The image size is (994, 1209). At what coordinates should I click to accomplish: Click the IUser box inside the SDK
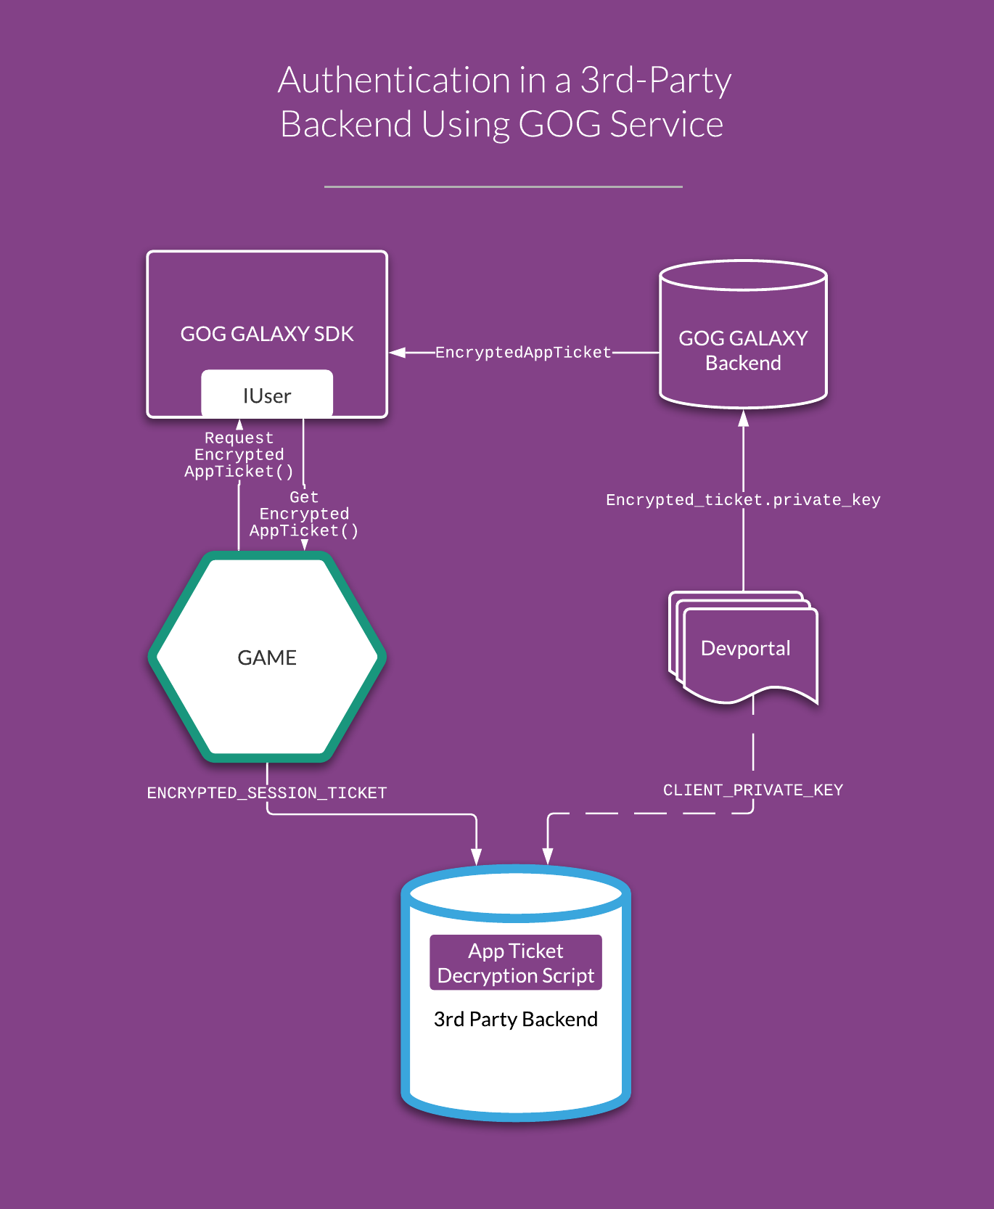pos(267,394)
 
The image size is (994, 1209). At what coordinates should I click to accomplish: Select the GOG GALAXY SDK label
pos(267,334)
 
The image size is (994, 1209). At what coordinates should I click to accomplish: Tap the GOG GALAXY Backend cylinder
pos(743,335)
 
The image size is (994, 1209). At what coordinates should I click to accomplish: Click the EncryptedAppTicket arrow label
pos(523,353)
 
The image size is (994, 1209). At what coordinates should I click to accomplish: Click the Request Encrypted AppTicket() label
pos(239,455)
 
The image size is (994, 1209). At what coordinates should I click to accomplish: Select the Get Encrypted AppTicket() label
pos(304,515)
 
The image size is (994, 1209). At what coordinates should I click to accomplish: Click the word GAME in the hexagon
pos(267,657)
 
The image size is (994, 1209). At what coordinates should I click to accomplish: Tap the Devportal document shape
pos(743,647)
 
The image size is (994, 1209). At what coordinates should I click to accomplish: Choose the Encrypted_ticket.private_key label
pos(743,500)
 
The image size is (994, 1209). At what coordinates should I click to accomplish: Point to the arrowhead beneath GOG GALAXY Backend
pos(743,418)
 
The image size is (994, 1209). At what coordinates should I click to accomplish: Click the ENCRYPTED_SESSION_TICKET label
pos(267,793)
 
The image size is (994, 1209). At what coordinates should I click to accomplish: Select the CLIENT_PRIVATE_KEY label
pos(753,790)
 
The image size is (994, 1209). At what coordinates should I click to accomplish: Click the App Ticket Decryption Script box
pos(516,963)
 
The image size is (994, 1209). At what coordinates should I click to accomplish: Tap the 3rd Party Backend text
pos(516,1020)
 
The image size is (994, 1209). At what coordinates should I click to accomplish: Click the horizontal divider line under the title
pos(504,187)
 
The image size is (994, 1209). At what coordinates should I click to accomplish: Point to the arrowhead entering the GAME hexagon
pos(305,545)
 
